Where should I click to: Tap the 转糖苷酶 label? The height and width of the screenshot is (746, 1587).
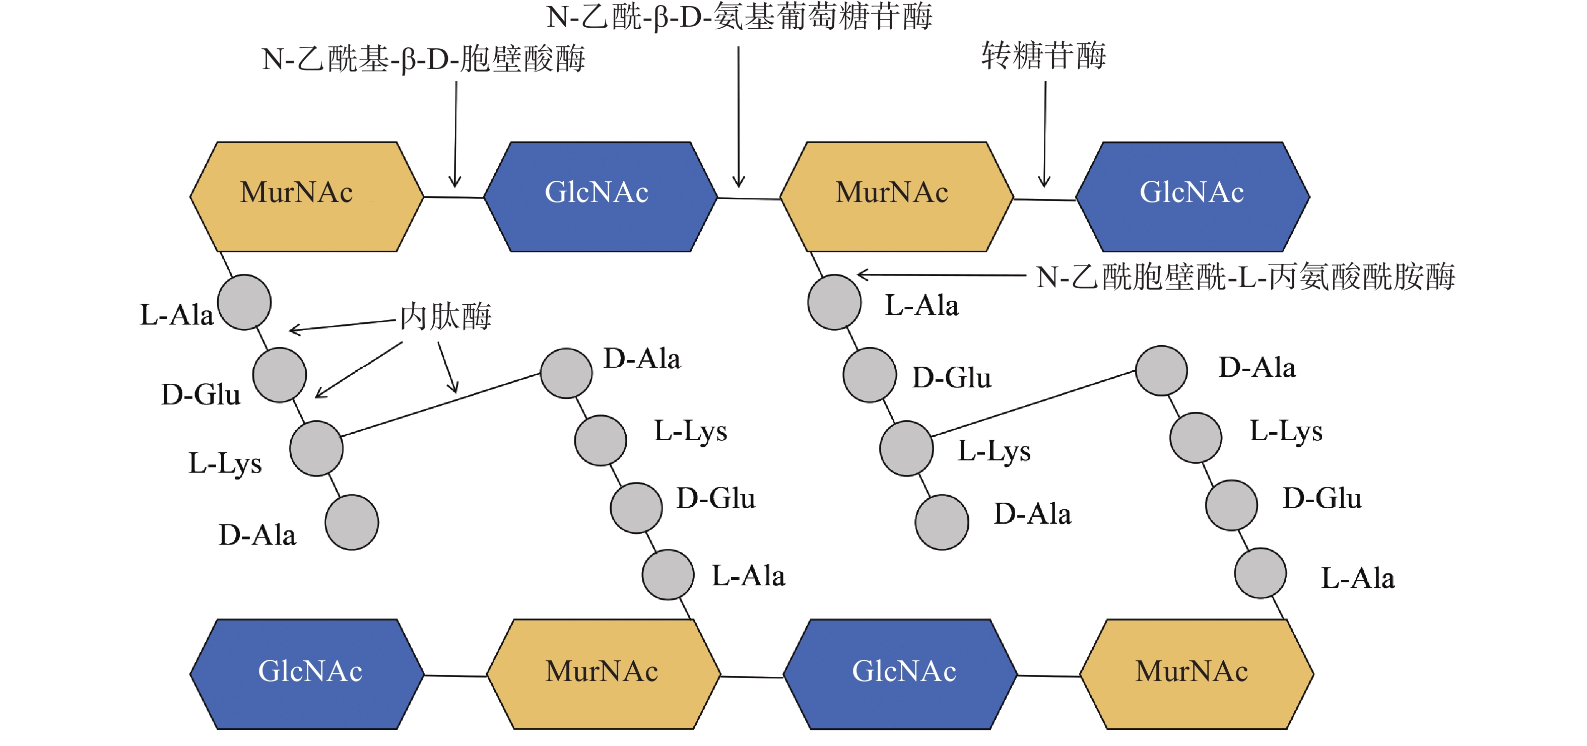[x=1043, y=55]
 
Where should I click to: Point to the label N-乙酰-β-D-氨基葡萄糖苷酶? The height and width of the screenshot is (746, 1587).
[x=739, y=17]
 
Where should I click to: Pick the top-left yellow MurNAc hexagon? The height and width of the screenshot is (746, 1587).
[x=306, y=196]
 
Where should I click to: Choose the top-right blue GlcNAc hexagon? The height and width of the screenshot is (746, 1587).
[x=1193, y=196]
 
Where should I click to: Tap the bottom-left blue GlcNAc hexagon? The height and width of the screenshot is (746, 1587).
[x=307, y=674]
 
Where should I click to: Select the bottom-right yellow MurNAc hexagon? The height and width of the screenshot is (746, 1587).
[x=1197, y=674]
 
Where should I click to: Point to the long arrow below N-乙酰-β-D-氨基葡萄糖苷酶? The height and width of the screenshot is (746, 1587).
[x=739, y=117]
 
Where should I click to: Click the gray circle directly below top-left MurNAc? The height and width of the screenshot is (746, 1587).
[x=244, y=302]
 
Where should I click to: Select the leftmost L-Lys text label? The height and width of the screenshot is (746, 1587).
[x=225, y=463]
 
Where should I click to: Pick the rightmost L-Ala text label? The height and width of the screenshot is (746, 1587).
[x=1358, y=578]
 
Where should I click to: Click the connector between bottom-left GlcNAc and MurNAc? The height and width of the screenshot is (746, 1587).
[x=455, y=676]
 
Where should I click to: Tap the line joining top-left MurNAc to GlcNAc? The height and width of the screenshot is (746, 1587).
[x=454, y=197]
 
